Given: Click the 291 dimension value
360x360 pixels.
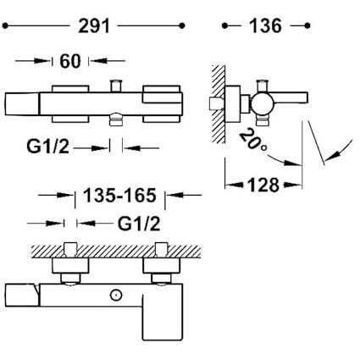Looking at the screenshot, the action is pos(94,26).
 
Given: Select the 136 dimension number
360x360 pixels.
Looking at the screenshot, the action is pos(265,26).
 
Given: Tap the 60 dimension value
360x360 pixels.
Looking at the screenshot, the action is pos(70,61).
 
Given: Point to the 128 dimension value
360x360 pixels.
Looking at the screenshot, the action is pos(263,186).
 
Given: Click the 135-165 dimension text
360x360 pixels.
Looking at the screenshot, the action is pos(119,195).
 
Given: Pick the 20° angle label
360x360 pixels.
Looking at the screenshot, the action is pos(253,140).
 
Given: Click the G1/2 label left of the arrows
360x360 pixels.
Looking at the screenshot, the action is pos(47,147).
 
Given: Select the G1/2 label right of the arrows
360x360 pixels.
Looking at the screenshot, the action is pos(139,224).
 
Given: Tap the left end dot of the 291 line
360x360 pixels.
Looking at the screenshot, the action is pos(5,26).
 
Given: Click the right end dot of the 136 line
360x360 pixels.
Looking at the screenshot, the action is pos(307,26).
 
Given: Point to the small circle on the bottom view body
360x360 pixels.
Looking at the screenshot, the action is pos(115,295).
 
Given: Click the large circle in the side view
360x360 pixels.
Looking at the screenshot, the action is pos(263,104).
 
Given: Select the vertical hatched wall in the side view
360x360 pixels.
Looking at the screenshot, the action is pos(219,104).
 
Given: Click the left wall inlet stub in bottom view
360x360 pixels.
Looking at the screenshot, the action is pos(70,249).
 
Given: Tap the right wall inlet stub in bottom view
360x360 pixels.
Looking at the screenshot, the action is pos(162,249).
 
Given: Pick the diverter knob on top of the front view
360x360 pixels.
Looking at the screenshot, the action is pos(116,86).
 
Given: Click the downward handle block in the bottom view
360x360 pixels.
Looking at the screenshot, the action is pos(163,318).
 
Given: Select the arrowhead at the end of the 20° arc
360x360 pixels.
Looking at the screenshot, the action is pos(292,163).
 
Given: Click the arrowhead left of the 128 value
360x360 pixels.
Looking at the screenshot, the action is pos(234,186).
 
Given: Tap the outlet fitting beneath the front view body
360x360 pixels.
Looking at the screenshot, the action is pos(116,119).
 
